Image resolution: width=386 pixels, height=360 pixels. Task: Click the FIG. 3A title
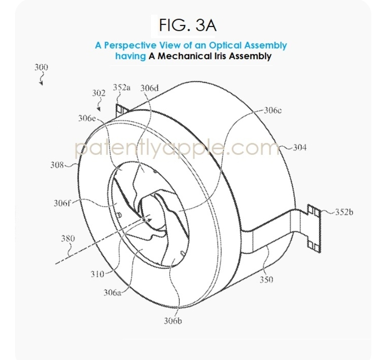188,25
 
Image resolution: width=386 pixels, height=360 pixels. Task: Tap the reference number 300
41,67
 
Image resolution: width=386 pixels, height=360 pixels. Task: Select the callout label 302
99,93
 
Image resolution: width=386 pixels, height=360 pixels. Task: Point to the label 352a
122,87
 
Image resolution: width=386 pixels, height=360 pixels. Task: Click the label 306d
150,88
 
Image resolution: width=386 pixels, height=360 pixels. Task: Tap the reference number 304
300,147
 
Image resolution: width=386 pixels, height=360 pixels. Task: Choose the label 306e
87,118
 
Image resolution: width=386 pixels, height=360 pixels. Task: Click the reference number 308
57,165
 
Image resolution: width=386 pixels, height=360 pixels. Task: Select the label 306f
62,203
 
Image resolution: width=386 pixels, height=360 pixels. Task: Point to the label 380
68,238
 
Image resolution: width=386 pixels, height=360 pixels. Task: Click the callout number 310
98,274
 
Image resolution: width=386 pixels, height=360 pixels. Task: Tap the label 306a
112,292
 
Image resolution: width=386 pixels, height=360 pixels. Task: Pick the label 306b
173,321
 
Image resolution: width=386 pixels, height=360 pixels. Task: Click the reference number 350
267,280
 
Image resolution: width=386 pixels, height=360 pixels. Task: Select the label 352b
344,212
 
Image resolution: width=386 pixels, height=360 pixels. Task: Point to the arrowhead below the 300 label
41,83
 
